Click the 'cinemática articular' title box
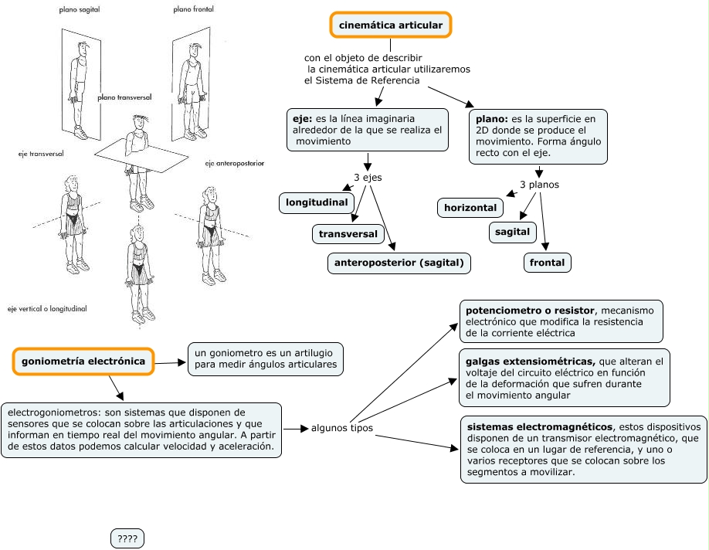coord(390,25)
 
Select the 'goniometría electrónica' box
coord(83,361)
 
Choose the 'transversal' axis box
coord(348,233)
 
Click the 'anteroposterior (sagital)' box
coord(399,263)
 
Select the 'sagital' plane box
coord(512,231)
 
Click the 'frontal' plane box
coord(548,263)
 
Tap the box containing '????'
coord(127,538)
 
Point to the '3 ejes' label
coord(368,178)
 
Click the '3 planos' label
coord(539,185)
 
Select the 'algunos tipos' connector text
coord(342,428)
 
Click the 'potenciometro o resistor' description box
coord(561,321)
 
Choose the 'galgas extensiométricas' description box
coord(564,378)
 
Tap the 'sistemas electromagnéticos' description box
coord(582,449)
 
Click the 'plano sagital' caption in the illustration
coord(80,10)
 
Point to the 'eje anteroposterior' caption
coord(235,164)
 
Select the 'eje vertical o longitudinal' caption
coord(47,308)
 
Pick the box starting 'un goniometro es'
coord(266,358)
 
